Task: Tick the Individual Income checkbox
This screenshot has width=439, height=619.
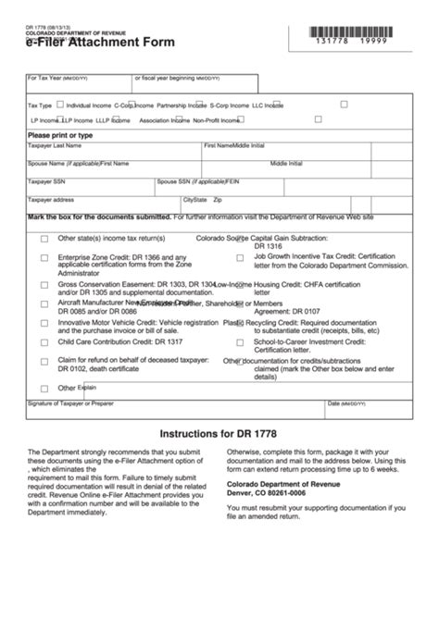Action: [x=61, y=105]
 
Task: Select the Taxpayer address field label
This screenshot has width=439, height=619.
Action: [x=51, y=200]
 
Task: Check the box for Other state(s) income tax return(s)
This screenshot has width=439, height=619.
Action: [x=44, y=239]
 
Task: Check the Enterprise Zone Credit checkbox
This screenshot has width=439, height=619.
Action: [x=44, y=257]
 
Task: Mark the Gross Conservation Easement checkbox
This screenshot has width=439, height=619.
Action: [x=44, y=284]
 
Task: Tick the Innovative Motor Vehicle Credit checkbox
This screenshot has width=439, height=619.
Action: [x=44, y=324]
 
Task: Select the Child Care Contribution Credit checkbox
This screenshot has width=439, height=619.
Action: [x=44, y=341]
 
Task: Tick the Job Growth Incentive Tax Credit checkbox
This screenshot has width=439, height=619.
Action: [x=240, y=257]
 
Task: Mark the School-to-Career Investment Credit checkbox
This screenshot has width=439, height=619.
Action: [x=240, y=341]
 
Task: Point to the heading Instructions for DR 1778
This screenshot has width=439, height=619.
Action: [x=219, y=433]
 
